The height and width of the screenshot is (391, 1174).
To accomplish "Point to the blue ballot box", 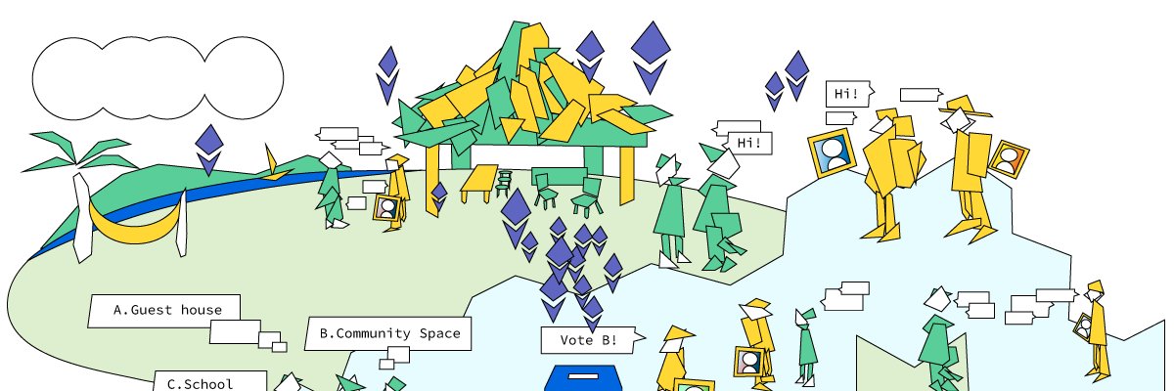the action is coord(583,378).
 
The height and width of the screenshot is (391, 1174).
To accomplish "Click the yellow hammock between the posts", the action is coord(135,224).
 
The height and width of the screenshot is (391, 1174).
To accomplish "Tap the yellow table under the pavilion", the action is coord(479,183).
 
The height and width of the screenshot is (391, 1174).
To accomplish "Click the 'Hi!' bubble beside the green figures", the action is coord(749,143).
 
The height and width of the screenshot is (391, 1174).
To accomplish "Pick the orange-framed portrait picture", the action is coord(1009,159).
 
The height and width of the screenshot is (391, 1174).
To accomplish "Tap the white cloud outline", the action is coord(158,78).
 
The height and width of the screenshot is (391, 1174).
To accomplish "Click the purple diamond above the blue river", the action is coord(209,151).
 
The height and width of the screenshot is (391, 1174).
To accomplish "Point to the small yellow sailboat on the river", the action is coord(275,165).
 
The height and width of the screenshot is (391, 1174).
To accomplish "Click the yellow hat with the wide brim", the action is coord(965,107).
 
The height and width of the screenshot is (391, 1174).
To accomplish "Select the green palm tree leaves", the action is coord(79,152).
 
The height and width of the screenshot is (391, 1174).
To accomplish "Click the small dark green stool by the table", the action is coord(504,184).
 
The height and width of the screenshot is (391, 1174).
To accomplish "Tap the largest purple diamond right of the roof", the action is coord(651,58).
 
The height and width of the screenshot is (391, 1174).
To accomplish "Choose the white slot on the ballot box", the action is coord(583,376).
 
